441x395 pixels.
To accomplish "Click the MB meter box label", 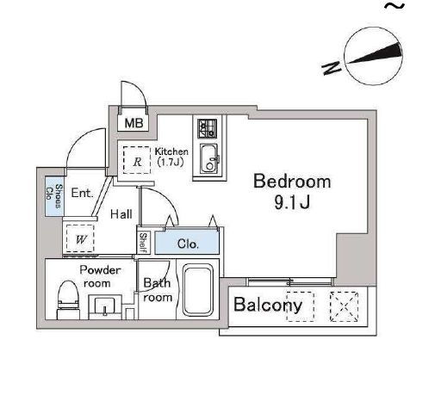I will coord(133,123).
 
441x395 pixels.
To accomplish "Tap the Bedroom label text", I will coord(291,182).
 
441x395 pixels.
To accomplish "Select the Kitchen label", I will coord(171,152).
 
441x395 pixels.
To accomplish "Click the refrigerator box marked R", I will coord(136,161).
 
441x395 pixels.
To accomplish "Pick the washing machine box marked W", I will coord(80,238).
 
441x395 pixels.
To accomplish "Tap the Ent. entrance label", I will coord(82,194).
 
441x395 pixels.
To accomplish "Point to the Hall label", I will coord(121,214).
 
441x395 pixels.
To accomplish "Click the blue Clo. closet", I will coord(187,244).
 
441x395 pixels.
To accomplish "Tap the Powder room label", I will coord(100,276).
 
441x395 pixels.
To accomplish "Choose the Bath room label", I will coord(158,290).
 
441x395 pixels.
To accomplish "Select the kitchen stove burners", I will coord(207,129).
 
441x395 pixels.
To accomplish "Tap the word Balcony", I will coord(268,305).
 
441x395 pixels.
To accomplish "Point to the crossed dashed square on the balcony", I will coord(345,306).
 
